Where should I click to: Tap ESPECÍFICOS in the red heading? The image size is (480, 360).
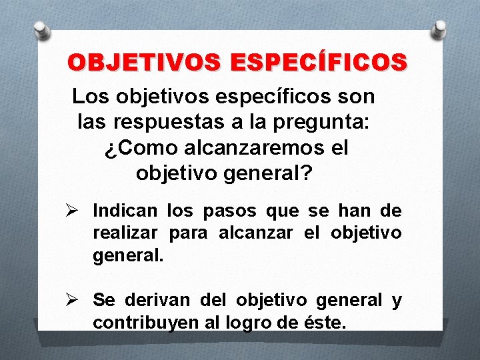tap(319, 63)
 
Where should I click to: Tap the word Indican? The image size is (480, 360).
tap(125, 211)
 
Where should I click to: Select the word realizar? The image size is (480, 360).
tap(125, 234)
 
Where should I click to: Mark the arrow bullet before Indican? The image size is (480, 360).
tap(78, 211)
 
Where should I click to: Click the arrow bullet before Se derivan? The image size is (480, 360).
tap(78, 300)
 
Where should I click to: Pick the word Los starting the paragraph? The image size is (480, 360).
tap(91, 97)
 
